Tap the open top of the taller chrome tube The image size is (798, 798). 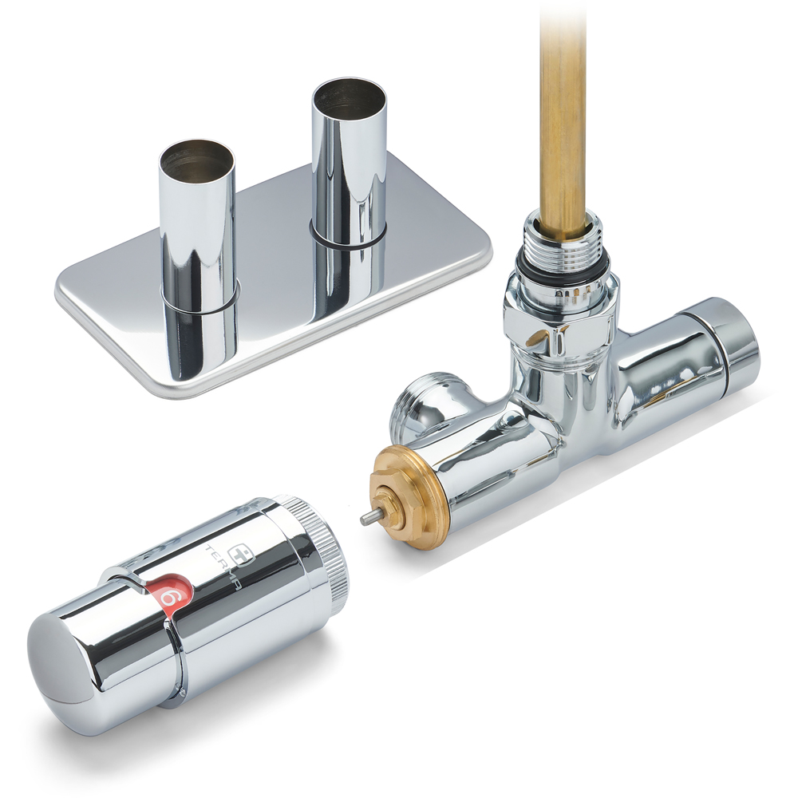349,95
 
